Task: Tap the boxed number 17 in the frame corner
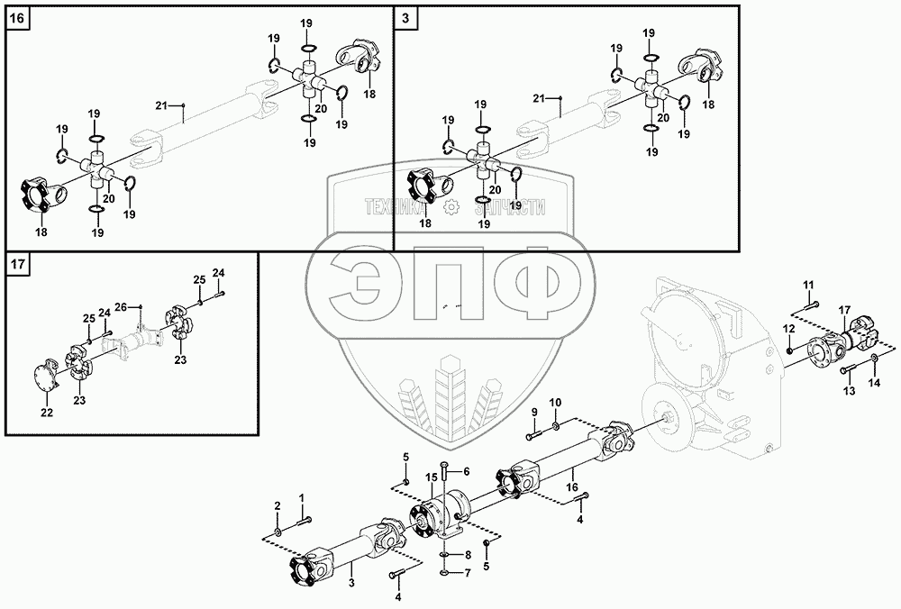(18, 265)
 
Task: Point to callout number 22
(47, 413)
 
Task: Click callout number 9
(533, 413)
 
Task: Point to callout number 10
(556, 402)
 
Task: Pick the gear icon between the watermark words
(455, 209)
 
